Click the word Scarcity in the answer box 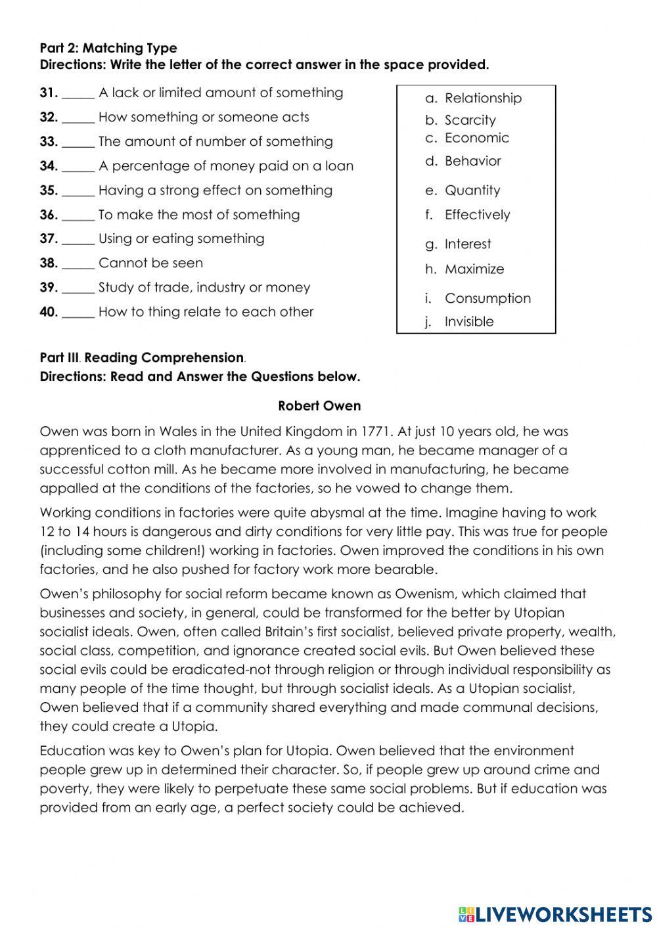click(470, 120)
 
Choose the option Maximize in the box click(474, 269)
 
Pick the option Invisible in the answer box click(469, 322)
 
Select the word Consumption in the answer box click(487, 298)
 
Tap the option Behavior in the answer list click(472, 162)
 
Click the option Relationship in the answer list click(483, 99)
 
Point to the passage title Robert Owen click(319, 406)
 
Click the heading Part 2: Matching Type click(108, 48)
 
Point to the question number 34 click(49, 166)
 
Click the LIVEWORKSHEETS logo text click(564, 914)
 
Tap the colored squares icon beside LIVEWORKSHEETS click(466, 914)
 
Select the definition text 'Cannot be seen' click(150, 263)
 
